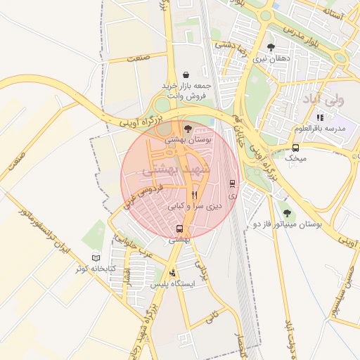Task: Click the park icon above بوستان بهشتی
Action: (187, 129)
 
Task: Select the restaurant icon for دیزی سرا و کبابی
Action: (195, 195)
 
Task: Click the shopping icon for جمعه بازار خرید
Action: (186, 75)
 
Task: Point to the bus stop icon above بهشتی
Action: (179, 229)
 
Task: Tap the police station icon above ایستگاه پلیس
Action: (173, 274)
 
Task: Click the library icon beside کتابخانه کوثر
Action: (96, 257)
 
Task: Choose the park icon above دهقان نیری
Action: (271, 48)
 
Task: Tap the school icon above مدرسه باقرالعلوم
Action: (321, 117)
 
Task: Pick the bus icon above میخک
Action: (295, 148)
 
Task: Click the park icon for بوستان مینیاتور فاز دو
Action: (286, 212)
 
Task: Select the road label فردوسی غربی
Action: (143, 195)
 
